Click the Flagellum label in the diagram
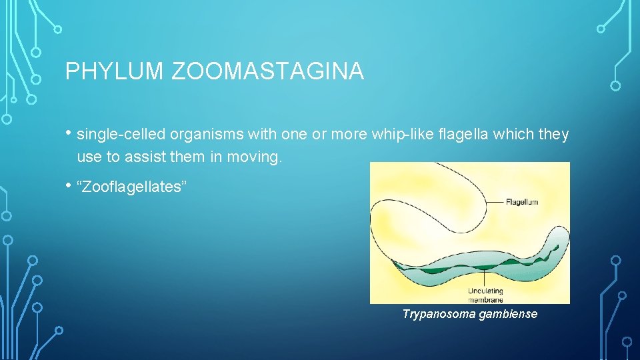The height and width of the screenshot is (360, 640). coord(521,201)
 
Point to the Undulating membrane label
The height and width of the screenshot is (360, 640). coord(485,295)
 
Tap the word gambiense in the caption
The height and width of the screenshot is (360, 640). coord(507,314)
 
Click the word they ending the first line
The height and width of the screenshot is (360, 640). coord(554,135)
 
